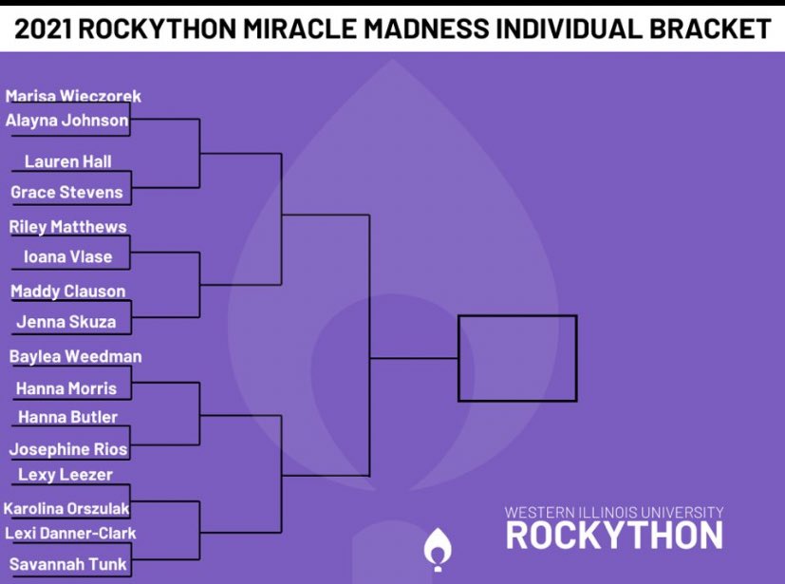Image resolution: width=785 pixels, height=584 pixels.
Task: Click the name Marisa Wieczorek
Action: click(x=73, y=96)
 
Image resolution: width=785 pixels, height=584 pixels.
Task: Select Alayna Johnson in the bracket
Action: click(x=66, y=121)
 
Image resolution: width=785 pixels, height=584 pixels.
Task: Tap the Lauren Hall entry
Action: click(x=67, y=161)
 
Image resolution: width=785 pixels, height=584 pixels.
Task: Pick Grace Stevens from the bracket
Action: click(x=66, y=192)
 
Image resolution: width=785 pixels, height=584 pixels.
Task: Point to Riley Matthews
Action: click(x=67, y=227)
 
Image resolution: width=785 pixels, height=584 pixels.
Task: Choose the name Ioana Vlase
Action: click(x=67, y=256)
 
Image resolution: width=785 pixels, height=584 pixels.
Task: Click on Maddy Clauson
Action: click(x=67, y=292)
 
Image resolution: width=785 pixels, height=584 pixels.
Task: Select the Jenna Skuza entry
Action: click(x=66, y=322)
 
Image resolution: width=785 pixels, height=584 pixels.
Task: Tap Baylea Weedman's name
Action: click(x=75, y=356)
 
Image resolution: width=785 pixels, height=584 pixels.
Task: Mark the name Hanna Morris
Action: click(x=66, y=388)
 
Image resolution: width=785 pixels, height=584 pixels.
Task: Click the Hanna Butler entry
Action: click(x=67, y=417)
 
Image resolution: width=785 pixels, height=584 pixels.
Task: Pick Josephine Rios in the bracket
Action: click(x=67, y=449)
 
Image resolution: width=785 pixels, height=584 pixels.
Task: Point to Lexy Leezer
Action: click(x=65, y=475)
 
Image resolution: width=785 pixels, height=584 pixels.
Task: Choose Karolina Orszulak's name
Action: click(x=66, y=509)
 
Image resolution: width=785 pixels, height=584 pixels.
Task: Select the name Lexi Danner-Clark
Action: click(x=70, y=533)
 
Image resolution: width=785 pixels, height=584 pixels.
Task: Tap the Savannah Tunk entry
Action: click(x=67, y=564)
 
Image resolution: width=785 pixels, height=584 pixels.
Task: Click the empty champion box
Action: click(x=517, y=358)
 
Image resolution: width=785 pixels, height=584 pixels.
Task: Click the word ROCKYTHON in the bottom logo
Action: click(x=614, y=536)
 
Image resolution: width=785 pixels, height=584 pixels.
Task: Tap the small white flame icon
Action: click(x=438, y=550)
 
